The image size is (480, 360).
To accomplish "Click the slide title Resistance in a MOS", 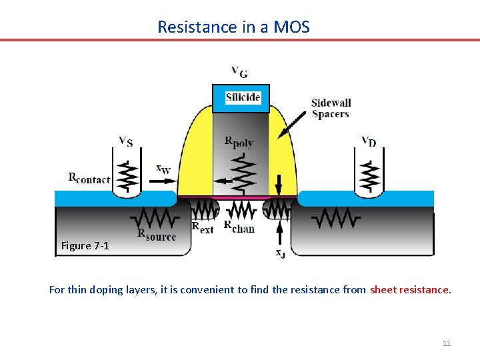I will (233, 27).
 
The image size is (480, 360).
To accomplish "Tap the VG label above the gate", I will (239, 71).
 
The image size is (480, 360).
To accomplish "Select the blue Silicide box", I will (241, 98).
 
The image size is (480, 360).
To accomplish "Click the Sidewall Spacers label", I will (331, 108).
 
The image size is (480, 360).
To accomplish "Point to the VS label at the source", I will (125, 141).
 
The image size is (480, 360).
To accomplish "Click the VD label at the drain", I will (368, 141).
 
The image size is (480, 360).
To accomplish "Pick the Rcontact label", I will (89, 178).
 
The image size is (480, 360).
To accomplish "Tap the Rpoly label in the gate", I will (239, 142).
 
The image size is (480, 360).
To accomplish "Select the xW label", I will (163, 169).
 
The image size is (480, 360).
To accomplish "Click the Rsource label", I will (157, 235).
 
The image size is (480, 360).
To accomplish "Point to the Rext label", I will (203, 227).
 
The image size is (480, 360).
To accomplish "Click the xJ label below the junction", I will (281, 252).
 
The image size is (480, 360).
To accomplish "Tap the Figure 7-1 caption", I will (85, 246).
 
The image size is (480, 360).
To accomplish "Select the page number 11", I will (447, 343).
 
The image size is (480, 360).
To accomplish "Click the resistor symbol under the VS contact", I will (125, 175).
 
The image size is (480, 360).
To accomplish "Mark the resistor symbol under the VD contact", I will (368, 175).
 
